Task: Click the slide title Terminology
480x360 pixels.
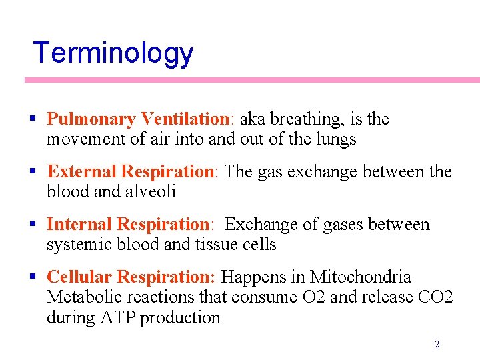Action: point(113,54)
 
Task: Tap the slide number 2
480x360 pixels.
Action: point(437,345)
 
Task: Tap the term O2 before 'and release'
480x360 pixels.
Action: point(313,297)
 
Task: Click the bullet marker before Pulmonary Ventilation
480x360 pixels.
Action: point(33,120)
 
